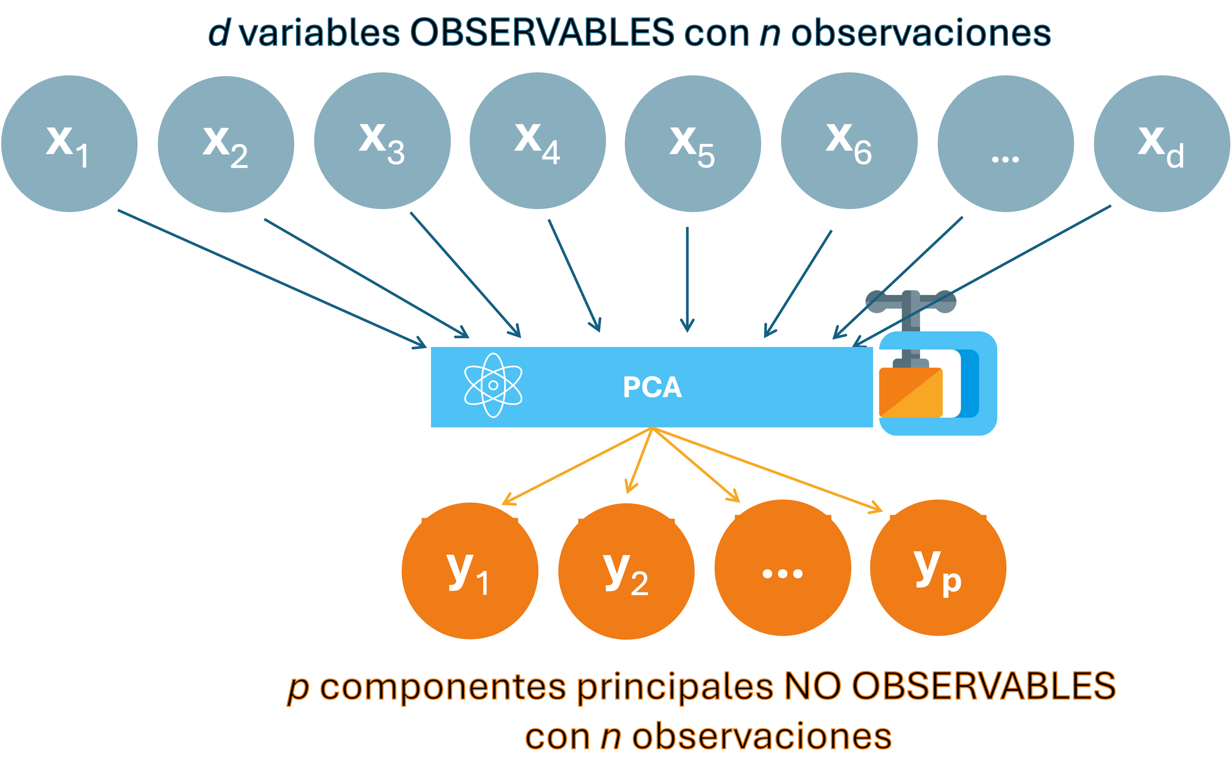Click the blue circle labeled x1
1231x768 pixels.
click(69, 144)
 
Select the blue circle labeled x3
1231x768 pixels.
click(382, 141)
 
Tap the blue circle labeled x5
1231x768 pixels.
click(693, 144)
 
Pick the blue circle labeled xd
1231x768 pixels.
click(1162, 144)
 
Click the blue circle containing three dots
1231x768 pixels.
click(1006, 144)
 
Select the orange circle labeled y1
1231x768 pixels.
click(470, 571)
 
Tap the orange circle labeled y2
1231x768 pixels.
click(626, 571)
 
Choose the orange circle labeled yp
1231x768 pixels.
click(938, 568)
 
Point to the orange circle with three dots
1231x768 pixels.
click(782, 568)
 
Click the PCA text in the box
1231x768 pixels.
click(652, 387)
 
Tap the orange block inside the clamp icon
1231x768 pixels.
click(911, 392)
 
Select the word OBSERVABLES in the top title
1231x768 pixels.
click(542, 33)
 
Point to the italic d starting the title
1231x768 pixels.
click(219, 33)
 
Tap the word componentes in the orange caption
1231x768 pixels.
click(443, 687)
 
